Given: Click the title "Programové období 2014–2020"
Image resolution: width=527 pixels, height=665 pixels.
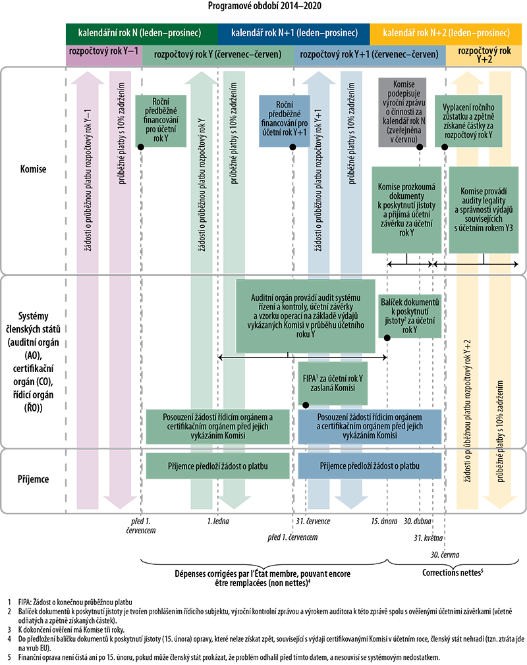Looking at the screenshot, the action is (264, 6).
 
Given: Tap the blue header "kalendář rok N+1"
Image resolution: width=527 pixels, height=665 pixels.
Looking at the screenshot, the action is (294, 33).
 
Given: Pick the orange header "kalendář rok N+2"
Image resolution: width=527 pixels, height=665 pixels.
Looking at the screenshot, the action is (446, 33).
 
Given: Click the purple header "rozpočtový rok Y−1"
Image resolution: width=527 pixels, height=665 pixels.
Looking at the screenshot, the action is (104, 51).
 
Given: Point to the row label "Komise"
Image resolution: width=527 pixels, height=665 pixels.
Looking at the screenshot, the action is (33, 169).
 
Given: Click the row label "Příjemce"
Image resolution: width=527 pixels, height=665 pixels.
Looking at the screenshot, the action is (33, 479).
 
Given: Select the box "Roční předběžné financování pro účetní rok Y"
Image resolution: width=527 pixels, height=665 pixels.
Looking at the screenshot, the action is (161, 121).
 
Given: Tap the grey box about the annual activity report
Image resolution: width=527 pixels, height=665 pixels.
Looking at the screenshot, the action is (402, 112).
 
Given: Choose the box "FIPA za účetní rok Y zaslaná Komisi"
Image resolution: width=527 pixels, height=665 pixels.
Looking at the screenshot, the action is (333, 383).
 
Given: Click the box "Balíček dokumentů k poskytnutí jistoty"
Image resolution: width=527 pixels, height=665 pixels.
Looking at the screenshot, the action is (410, 316).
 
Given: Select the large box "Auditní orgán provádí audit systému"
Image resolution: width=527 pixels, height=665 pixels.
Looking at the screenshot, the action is (306, 316).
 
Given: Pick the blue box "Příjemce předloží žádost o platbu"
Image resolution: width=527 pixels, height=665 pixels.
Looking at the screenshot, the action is (370, 466).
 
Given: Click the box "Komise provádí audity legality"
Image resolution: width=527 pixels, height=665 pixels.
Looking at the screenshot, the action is (484, 210).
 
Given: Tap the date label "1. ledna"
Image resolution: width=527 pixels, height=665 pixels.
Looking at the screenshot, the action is (218, 521).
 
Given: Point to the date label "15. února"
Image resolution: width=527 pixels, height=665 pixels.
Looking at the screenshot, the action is (384, 521).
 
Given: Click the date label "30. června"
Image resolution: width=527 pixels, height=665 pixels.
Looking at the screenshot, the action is (445, 555).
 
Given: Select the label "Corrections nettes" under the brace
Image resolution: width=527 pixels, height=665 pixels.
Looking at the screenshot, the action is (453, 573).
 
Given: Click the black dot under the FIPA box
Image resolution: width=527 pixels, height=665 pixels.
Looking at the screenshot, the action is (306, 406).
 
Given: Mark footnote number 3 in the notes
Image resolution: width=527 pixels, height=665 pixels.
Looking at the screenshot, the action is (9, 630).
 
